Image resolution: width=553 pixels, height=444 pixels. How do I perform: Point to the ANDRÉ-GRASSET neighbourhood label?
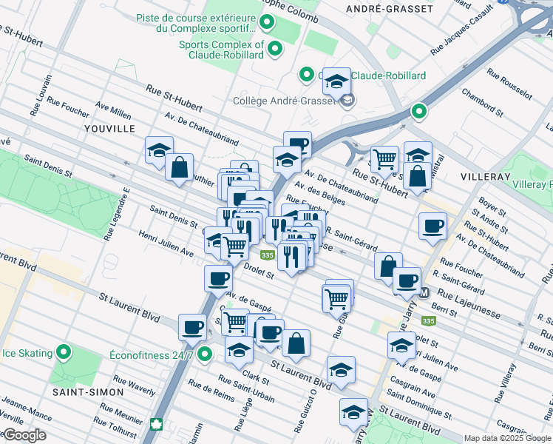(390, 9)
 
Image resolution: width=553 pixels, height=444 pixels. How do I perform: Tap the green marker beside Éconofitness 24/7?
(206, 354)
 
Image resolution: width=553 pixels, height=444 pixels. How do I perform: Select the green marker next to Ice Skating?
(64, 353)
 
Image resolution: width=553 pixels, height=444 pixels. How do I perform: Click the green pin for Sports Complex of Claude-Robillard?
(275, 50)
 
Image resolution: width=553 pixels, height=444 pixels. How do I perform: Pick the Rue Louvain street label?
(41, 95)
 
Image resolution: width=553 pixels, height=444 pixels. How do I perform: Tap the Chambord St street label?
(482, 104)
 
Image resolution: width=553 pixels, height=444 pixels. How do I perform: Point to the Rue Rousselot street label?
(509, 84)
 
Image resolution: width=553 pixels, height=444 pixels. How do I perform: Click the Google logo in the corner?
(24, 435)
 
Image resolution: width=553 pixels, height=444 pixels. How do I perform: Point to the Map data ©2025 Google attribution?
(507, 438)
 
